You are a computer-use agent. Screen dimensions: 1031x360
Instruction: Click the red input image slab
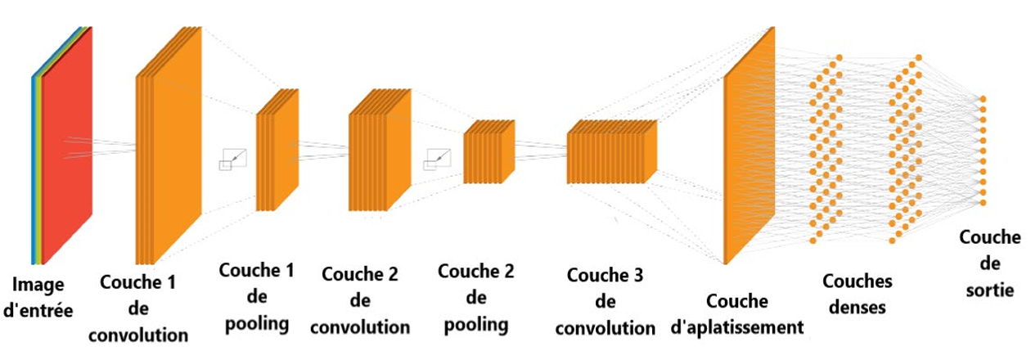click(67, 146)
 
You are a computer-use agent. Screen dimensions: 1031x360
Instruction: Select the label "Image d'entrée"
click(38, 297)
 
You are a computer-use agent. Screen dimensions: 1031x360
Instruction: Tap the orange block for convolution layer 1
click(169, 146)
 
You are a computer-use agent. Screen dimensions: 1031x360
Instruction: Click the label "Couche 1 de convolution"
click(138, 308)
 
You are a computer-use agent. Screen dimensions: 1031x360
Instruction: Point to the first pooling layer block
click(277, 150)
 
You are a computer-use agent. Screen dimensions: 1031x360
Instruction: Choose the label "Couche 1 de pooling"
click(257, 297)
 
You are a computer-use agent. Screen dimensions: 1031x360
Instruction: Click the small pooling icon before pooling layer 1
click(232, 160)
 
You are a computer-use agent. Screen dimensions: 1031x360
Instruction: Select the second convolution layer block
click(380, 150)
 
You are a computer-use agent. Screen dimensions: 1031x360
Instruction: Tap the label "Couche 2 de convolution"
click(360, 300)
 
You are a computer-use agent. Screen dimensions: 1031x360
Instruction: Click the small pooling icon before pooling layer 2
click(437, 160)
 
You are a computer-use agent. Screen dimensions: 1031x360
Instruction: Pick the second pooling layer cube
click(488, 152)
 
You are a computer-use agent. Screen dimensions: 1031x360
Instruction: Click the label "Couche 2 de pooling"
click(476, 298)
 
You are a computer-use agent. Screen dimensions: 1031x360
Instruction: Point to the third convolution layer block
click(612, 152)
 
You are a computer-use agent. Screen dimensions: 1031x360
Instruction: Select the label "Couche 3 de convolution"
click(606, 302)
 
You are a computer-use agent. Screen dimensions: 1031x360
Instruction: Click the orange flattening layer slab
click(750, 146)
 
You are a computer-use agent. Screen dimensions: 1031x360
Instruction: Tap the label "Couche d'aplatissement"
click(737, 314)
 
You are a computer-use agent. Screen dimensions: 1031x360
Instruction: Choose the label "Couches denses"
click(857, 295)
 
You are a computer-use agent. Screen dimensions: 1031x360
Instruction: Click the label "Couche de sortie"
click(990, 263)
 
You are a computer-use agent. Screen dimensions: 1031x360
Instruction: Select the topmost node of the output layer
click(984, 99)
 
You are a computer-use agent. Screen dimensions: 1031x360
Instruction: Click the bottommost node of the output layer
click(984, 203)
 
